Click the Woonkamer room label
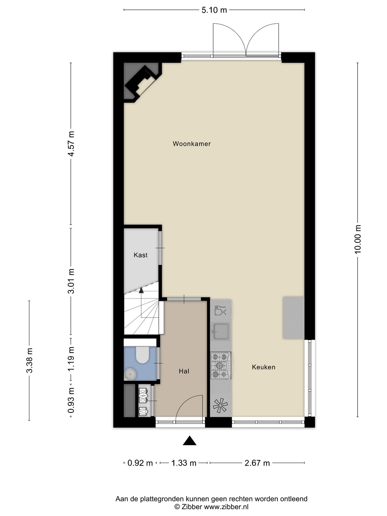191,144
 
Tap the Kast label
140,255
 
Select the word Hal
184,371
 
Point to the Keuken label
263,367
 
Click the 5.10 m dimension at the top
214,10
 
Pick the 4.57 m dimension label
71,143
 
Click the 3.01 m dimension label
71,281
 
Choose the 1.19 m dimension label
71,359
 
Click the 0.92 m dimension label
140,463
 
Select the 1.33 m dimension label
184,463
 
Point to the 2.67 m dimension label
257,463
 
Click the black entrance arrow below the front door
190,441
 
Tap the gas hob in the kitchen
220,365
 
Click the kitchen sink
221,331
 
